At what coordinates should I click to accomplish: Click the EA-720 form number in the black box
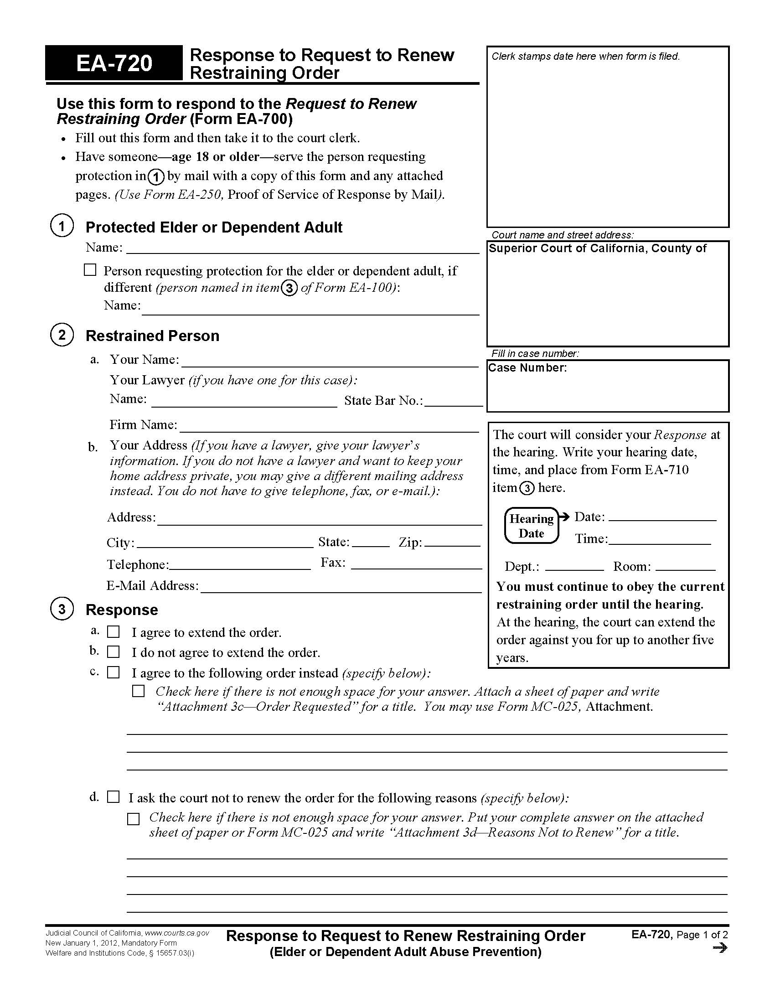(x=114, y=63)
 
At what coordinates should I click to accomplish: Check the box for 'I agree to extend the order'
(x=113, y=632)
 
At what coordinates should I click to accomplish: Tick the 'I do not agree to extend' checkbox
(x=113, y=651)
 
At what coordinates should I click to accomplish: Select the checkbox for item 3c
(x=113, y=672)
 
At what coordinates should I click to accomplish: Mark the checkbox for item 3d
(x=113, y=797)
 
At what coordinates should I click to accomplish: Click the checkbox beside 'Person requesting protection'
(x=90, y=270)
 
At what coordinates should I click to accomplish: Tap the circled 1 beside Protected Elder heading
(x=62, y=226)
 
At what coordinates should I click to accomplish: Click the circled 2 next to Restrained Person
(x=62, y=335)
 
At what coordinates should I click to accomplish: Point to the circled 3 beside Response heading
(x=62, y=609)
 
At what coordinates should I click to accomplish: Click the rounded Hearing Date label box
(x=531, y=526)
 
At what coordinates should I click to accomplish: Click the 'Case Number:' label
(x=527, y=368)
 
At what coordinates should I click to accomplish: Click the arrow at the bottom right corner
(x=721, y=948)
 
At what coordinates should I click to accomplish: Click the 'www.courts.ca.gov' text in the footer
(x=177, y=933)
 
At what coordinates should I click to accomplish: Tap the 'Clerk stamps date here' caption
(x=585, y=57)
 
